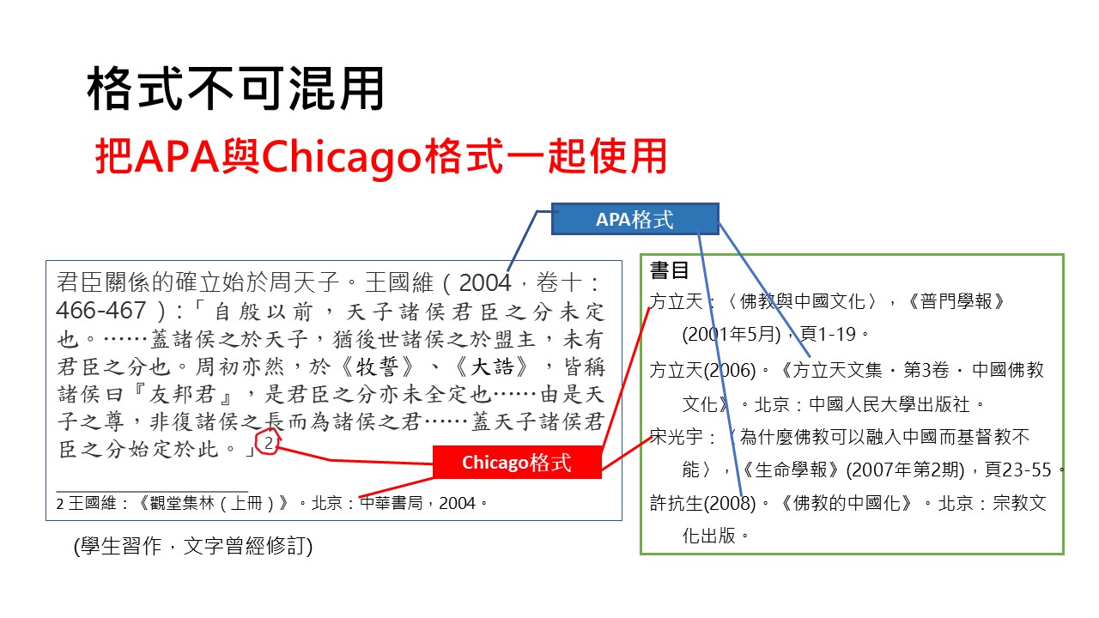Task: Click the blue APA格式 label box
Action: pyautogui.click(x=635, y=219)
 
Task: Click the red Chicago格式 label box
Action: pyautogui.click(x=517, y=462)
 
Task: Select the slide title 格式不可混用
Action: pyautogui.click(x=235, y=88)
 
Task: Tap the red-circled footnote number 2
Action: pyautogui.click(x=269, y=443)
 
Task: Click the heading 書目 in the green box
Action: pyautogui.click(x=669, y=270)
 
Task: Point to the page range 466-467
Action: pyautogui.click(x=101, y=310)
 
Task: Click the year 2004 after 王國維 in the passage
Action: pyautogui.click(x=485, y=283)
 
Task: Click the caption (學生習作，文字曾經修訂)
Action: pyautogui.click(x=193, y=546)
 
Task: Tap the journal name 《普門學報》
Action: pyautogui.click(x=955, y=301)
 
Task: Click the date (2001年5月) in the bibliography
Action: pyautogui.click(x=732, y=335)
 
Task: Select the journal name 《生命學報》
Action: pyautogui.click(x=791, y=470)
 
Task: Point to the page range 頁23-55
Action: pyautogui.click(x=1018, y=470)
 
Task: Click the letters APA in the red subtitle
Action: pyautogui.click(x=177, y=156)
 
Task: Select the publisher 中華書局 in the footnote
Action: pyautogui.click(x=391, y=503)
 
